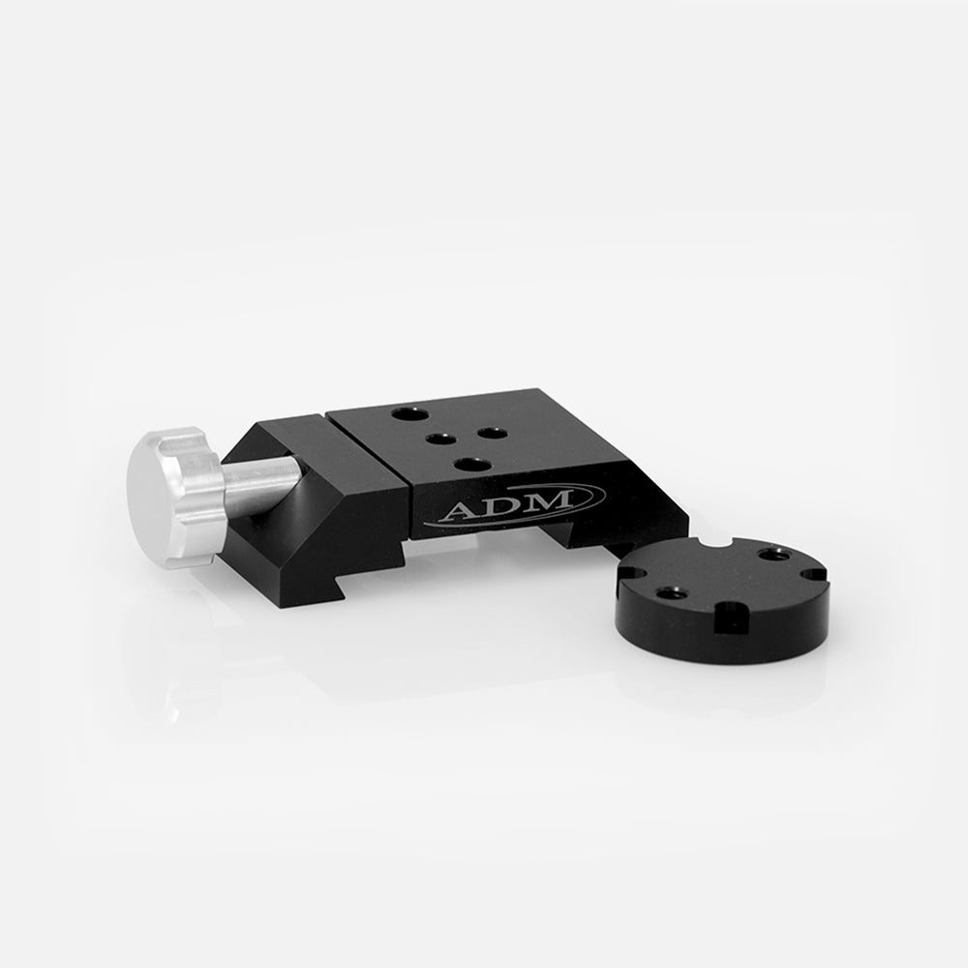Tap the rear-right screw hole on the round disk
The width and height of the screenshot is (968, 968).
point(771,555)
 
